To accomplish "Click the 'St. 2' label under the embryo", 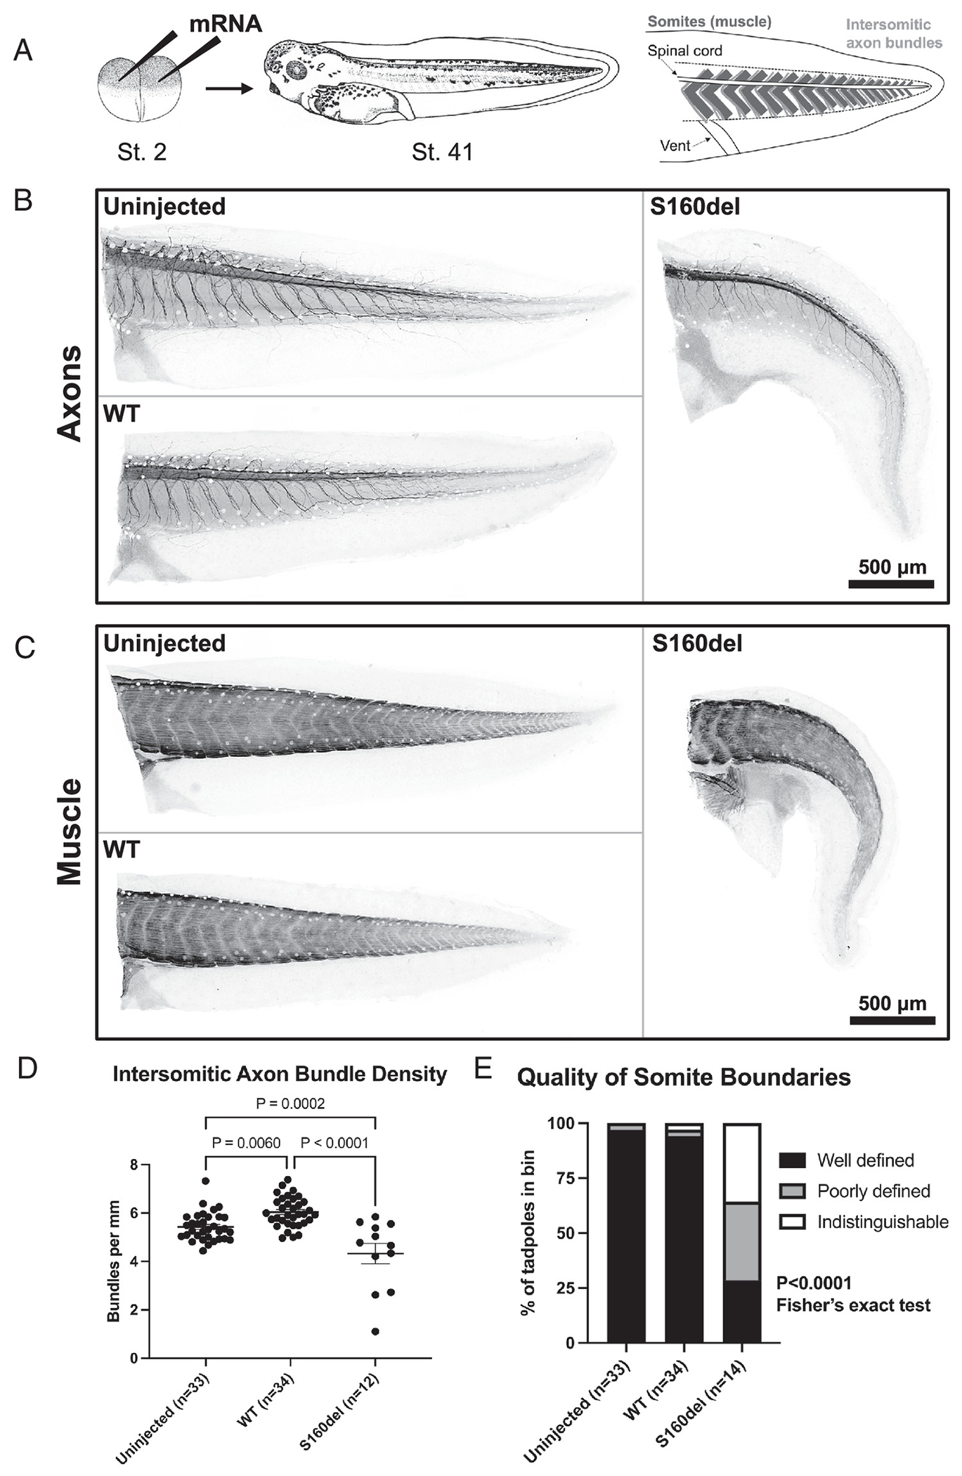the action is point(142,152).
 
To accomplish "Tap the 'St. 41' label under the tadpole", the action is point(442,152).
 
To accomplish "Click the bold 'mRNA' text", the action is point(226,24).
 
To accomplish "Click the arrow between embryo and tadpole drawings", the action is point(228,89).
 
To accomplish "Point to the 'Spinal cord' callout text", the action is point(684,51).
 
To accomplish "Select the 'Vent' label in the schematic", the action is point(675,145).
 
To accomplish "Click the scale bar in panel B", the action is point(891,583).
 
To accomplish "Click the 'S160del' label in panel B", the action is point(695,207).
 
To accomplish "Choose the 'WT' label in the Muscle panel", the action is point(122,850).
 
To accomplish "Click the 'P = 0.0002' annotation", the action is point(290,1103).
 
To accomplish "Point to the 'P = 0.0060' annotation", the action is point(246,1143).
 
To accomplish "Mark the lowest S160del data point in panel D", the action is point(376,1331).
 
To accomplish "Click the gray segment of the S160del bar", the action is point(742,1242).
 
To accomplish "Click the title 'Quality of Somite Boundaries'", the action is point(684,1077).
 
